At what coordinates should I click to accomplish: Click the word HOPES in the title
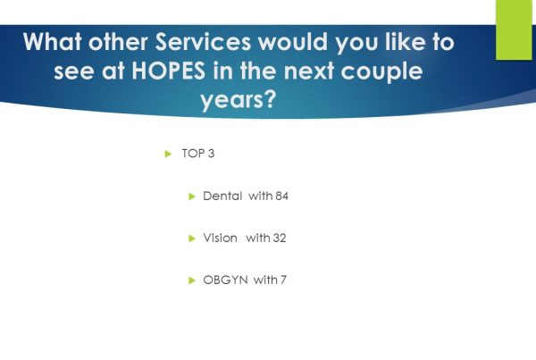pyautogui.click(x=169, y=71)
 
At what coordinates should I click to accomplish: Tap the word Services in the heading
pyautogui.click(x=204, y=42)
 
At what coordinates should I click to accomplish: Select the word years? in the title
pyautogui.click(x=238, y=100)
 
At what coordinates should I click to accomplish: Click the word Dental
pyautogui.click(x=222, y=196)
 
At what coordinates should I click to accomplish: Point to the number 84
pyautogui.click(x=282, y=197)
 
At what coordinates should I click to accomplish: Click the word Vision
pyautogui.click(x=220, y=238)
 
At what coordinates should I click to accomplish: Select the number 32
pyautogui.click(x=280, y=239)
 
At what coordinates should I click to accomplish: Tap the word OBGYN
pyautogui.click(x=226, y=280)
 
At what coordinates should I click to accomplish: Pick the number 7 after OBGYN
pyautogui.click(x=283, y=280)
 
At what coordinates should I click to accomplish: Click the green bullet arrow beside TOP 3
pyautogui.click(x=168, y=154)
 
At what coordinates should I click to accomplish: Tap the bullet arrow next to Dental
pyautogui.click(x=192, y=197)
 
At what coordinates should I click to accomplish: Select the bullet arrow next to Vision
pyautogui.click(x=192, y=239)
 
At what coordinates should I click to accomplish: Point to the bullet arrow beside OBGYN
pyautogui.click(x=192, y=280)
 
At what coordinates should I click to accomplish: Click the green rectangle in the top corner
pyautogui.click(x=514, y=29)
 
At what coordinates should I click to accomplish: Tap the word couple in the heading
pyautogui.click(x=381, y=71)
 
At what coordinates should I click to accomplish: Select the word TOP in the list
pyautogui.click(x=193, y=154)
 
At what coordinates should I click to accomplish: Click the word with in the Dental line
pyautogui.click(x=261, y=196)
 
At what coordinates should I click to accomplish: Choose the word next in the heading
pyautogui.click(x=309, y=71)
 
